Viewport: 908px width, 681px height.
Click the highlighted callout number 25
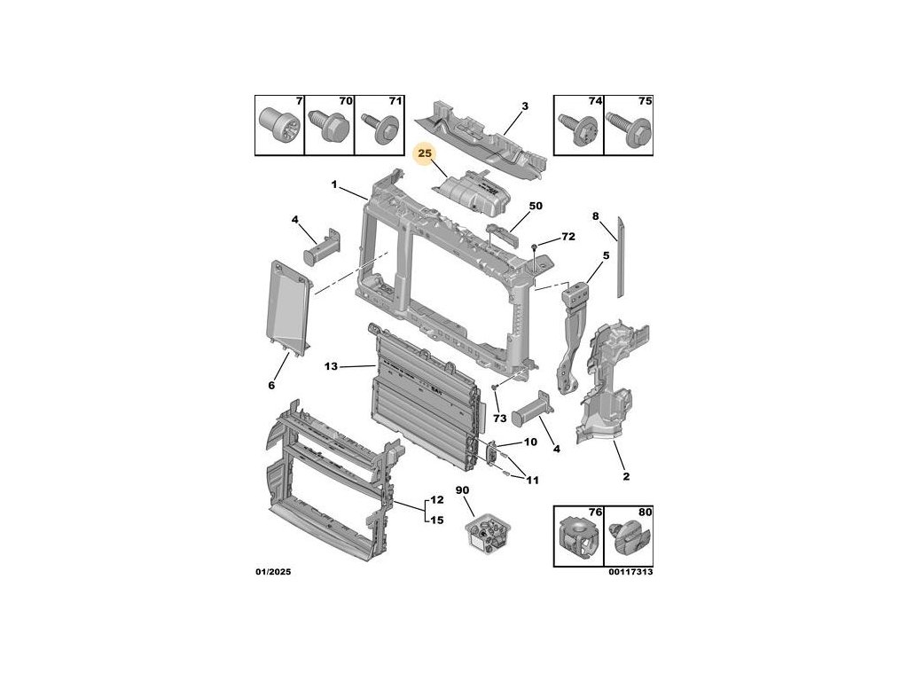coord(425,155)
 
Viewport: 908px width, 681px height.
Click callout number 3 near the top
coord(524,106)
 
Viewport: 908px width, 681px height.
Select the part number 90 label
coord(462,490)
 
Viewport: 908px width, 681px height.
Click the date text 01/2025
coord(272,572)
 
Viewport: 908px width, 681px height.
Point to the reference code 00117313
coord(630,572)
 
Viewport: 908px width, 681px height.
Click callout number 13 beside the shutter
coord(331,366)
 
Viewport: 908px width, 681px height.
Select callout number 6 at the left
coord(271,385)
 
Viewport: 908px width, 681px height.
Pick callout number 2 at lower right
coord(625,478)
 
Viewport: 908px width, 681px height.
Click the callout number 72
coord(568,237)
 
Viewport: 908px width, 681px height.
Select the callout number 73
coord(499,418)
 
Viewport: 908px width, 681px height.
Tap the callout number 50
coord(535,207)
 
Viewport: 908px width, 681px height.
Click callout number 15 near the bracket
coord(436,521)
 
